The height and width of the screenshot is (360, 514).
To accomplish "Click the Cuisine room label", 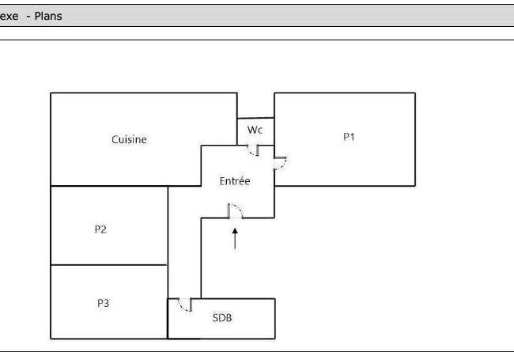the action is click(129, 140).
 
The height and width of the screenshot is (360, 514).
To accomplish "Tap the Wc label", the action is click(255, 130).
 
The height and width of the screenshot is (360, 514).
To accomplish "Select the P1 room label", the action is click(349, 137).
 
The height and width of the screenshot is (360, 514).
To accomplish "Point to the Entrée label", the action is click(235, 181).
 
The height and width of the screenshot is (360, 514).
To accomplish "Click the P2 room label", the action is click(100, 229).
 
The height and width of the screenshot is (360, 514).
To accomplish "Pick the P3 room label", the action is click(104, 303).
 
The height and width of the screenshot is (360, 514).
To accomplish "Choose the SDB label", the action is click(222, 318).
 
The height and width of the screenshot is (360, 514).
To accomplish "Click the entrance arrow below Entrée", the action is click(235, 239).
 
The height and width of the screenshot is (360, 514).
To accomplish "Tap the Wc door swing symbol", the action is click(253, 150).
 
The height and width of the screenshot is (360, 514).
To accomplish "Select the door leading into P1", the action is click(280, 163).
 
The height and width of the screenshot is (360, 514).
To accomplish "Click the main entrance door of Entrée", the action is click(236, 210).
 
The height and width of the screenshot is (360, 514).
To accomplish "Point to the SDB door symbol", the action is click(185, 305).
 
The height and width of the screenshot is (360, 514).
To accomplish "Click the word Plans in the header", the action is click(48, 16).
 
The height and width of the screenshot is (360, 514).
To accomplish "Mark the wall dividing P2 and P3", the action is click(109, 264).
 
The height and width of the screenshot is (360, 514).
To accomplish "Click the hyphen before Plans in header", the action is click(28, 17).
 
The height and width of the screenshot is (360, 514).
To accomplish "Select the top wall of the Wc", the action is click(255, 118).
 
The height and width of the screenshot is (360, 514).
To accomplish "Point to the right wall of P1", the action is click(415, 139).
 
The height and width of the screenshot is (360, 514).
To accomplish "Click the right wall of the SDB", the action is click(274, 318).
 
